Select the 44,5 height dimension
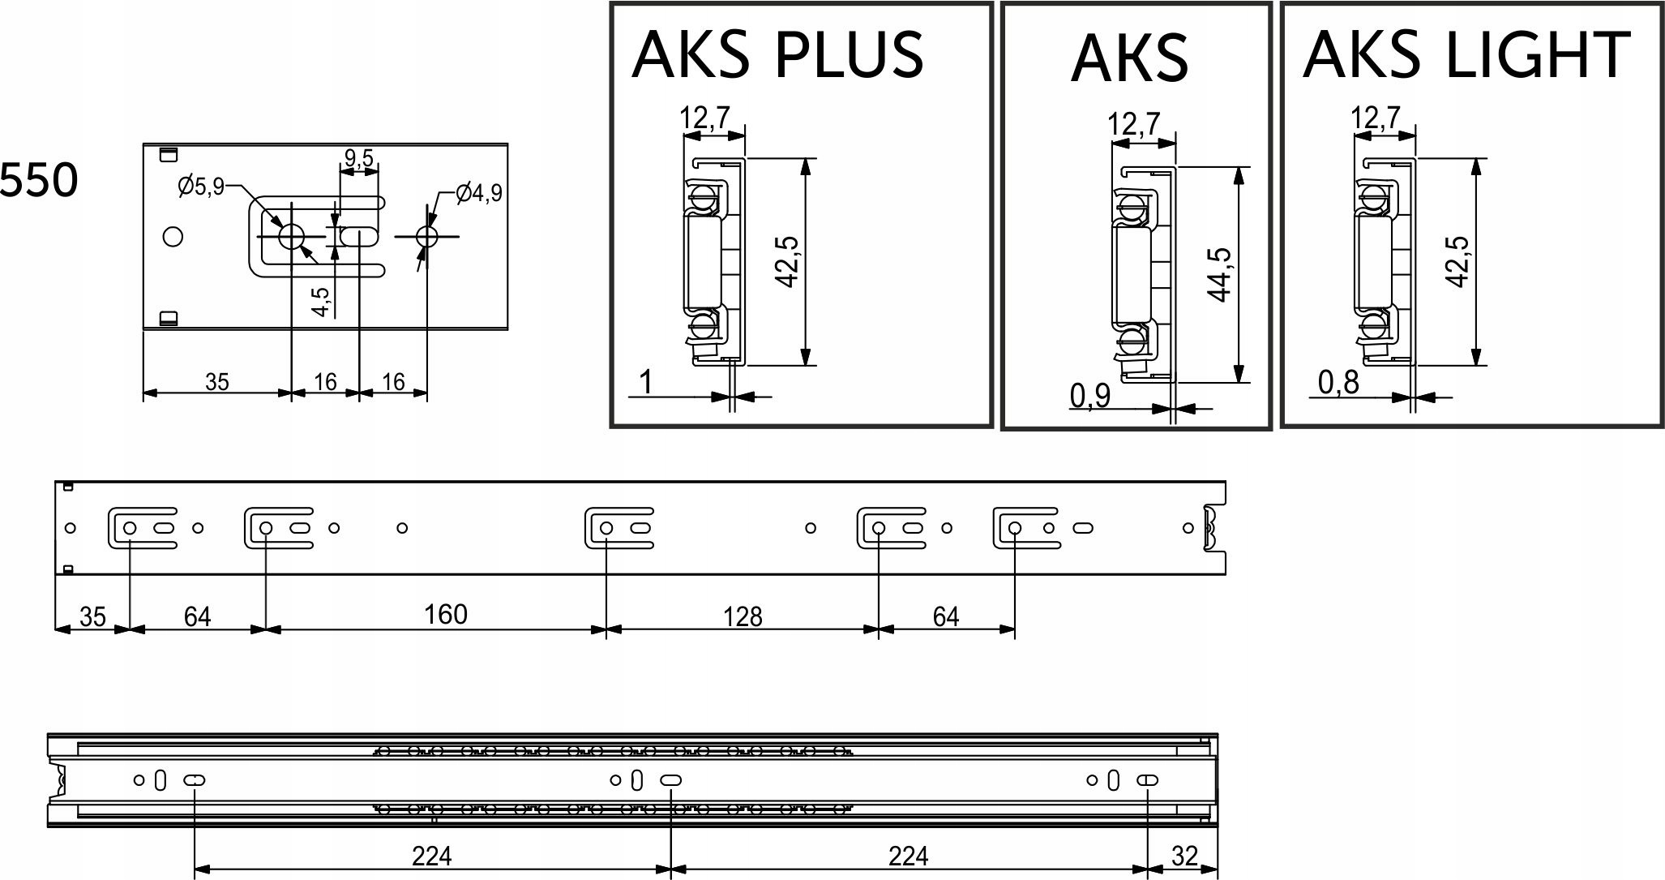tap(1219, 274)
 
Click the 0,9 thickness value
tap(1090, 397)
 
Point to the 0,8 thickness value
tap(1338, 382)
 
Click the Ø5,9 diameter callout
tap(201, 187)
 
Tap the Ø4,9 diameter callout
tap(479, 192)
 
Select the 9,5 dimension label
tap(358, 158)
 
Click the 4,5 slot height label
tap(321, 302)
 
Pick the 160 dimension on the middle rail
tap(446, 614)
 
